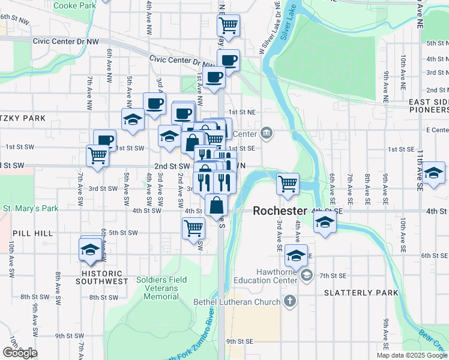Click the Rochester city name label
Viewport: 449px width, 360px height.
(x=280, y=211)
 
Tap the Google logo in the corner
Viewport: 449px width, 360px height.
(x=20, y=353)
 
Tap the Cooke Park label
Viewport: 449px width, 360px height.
(x=74, y=5)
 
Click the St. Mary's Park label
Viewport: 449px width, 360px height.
(x=30, y=209)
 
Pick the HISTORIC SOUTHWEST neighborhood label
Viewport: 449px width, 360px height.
(x=105, y=281)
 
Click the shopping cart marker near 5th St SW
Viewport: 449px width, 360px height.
(x=193, y=227)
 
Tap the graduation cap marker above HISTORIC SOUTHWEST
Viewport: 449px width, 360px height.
(x=91, y=249)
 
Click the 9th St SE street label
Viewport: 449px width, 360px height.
(x=238, y=341)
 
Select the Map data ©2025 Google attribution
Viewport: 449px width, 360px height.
(x=411, y=355)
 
